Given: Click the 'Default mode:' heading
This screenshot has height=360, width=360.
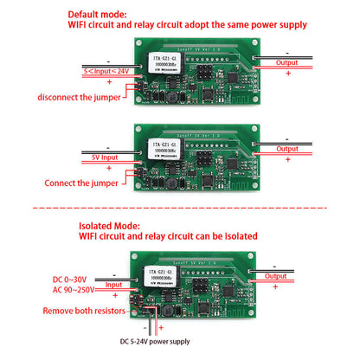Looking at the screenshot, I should [99, 15].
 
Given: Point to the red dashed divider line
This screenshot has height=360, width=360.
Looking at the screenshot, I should [180, 209].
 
